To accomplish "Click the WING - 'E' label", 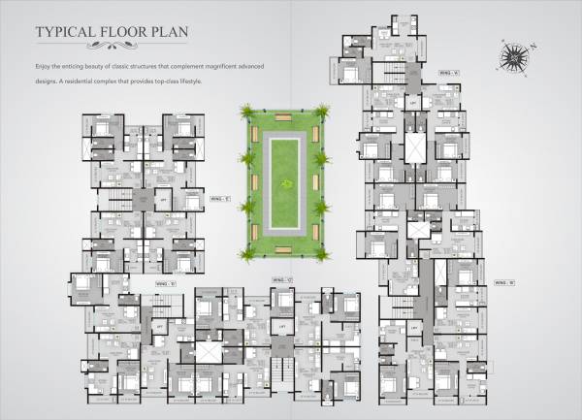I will coord(219,201).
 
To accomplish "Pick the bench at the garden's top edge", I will coord(285,117).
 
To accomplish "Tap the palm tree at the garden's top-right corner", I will coord(322,112).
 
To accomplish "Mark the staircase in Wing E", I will coord(118,202).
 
